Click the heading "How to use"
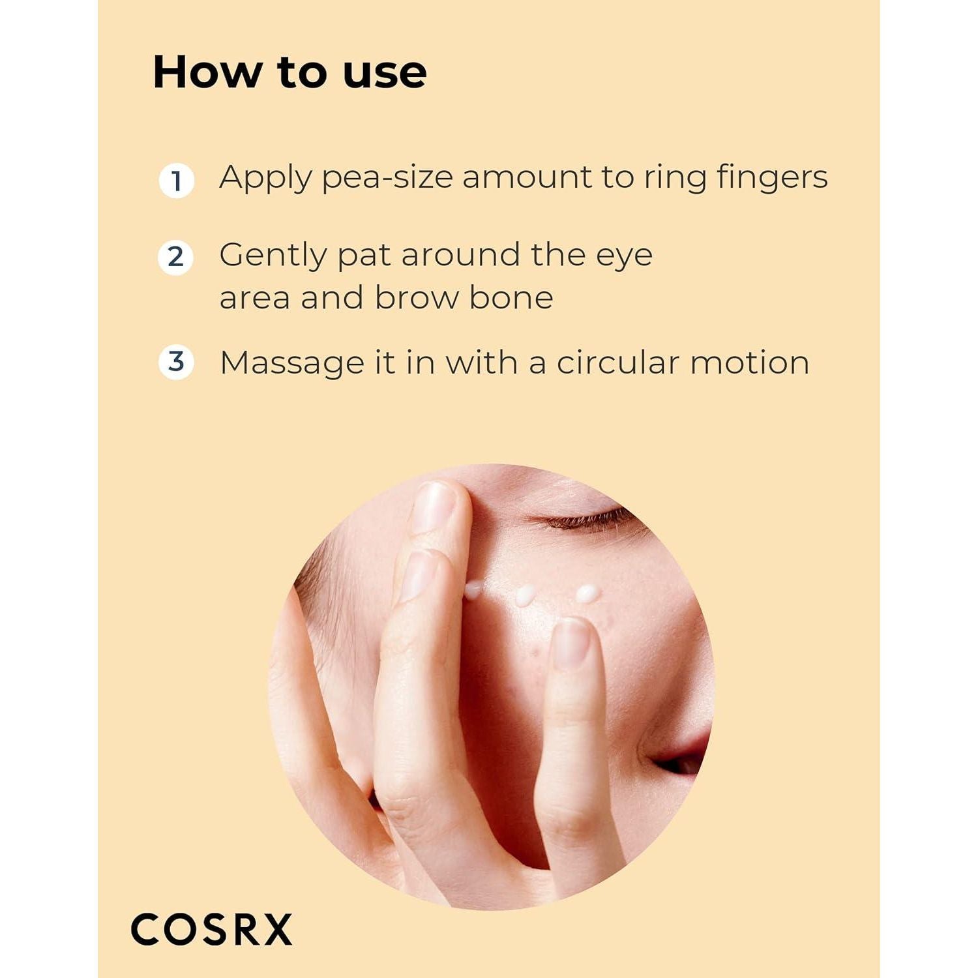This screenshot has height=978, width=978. coord(289,72)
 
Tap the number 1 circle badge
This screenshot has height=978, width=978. coord(176,181)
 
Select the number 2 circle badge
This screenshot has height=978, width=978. coord(175,257)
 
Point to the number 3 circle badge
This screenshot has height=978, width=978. coord(176,362)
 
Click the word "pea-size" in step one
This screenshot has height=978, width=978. coord(387,178)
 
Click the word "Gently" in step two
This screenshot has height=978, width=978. coord(273,256)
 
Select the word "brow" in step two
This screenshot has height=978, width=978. coord(416,298)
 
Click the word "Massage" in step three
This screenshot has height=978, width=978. coord(291,364)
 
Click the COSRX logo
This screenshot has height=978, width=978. coord(211,930)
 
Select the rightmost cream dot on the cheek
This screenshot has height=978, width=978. coord(587,593)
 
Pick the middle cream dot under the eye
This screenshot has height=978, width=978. coord(525,595)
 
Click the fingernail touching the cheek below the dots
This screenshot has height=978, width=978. coord(570,644)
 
